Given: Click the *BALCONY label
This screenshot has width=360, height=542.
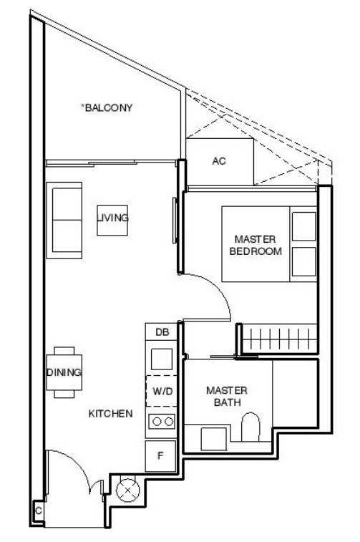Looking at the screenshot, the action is [x=107, y=107].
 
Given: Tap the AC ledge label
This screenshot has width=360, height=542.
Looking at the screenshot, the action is [x=219, y=161].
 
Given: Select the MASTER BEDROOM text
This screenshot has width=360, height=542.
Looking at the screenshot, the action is [x=256, y=245].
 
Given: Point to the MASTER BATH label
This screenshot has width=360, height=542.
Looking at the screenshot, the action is [x=227, y=397].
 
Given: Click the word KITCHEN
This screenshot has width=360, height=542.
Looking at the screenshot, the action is [x=110, y=414].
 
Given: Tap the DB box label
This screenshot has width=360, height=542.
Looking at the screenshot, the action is [x=162, y=332].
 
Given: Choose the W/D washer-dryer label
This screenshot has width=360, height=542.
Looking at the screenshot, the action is [x=162, y=392].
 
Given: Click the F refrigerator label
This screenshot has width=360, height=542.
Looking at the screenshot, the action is [x=160, y=456].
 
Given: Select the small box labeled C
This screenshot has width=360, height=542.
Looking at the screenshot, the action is [x=39, y=510].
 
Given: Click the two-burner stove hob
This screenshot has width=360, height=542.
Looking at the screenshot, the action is [x=162, y=422].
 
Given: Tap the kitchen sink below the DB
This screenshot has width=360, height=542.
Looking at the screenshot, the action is [x=162, y=359].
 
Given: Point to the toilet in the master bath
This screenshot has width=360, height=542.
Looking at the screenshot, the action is [x=250, y=427].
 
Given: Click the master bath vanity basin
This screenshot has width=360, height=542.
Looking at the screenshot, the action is [x=213, y=439].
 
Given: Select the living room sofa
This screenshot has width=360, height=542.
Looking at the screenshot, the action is [x=64, y=221].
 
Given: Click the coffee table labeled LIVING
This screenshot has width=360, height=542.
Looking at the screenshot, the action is [x=112, y=221].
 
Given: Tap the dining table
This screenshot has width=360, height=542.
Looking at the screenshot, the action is [x=64, y=372].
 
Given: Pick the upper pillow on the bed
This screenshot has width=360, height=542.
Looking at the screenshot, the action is [x=304, y=226].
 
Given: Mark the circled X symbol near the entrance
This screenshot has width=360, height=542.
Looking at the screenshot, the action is [x=127, y=490].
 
